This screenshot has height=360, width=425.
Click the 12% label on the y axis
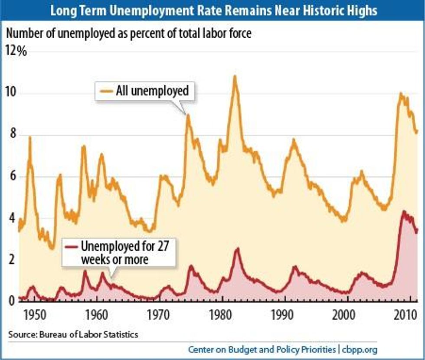click(x=16, y=52)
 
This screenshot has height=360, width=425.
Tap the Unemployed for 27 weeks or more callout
click(x=118, y=252)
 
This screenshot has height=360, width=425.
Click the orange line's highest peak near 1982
click(x=235, y=76)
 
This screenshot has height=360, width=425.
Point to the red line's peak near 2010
click(x=404, y=212)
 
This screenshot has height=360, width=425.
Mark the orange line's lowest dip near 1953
click(x=52, y=249)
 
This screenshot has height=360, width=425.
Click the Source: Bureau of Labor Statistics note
click(x=72, y=334)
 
